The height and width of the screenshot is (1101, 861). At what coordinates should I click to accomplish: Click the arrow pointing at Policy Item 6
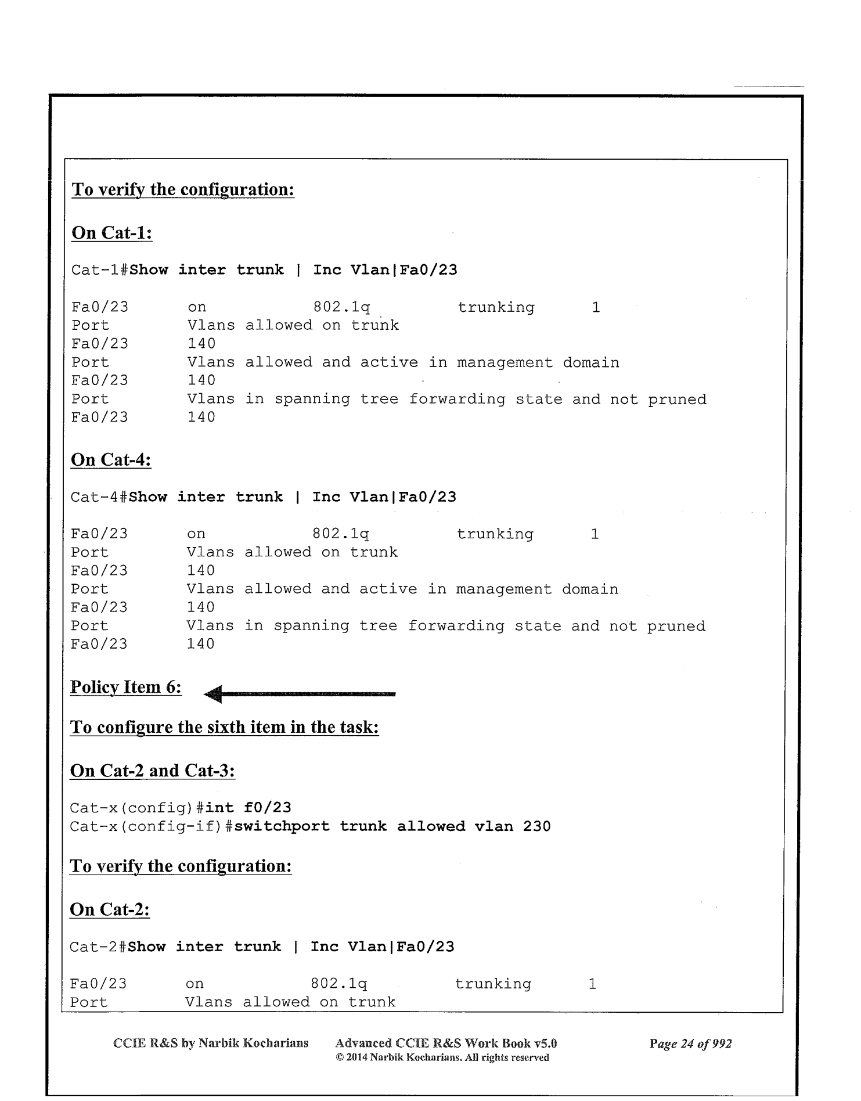(x=300, y=693)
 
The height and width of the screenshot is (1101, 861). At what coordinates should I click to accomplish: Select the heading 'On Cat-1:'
(x=111, y=233)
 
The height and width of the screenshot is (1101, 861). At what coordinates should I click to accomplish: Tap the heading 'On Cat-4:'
(x=111, y=460)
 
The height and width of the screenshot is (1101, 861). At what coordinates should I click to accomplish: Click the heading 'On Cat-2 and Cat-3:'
(x=152, y=771)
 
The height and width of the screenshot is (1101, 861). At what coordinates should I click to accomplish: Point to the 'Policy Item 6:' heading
(x=125, y=687)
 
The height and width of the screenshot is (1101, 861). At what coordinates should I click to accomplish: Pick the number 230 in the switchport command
(x=536, y=826)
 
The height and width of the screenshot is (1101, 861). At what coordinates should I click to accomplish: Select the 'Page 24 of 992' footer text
(x=690, y=1044)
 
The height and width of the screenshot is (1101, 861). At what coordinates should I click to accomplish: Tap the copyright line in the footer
(x=442, y=1057)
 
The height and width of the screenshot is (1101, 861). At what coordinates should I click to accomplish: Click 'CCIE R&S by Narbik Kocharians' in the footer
(x=211, y=1043)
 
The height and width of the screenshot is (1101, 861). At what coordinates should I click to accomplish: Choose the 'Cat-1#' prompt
(x=100, y=270)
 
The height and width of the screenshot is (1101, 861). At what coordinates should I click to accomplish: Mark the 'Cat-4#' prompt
(x=99, y=497)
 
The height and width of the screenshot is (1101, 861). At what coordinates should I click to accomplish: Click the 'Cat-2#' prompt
(x=98, y=947)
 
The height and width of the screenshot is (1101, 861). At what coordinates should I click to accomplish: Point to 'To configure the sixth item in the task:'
(x=224, y=727)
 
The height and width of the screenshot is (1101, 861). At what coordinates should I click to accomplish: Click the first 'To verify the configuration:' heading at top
(x=183, y=189)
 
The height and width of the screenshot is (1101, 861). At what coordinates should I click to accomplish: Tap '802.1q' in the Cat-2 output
(x=339, y=984)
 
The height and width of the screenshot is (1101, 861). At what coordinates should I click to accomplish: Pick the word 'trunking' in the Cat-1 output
(x=496, y=307)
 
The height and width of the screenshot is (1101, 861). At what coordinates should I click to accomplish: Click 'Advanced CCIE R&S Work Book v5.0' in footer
(x=446, y=1043)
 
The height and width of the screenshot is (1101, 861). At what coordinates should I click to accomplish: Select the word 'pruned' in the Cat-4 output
(x=676, y=626)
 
